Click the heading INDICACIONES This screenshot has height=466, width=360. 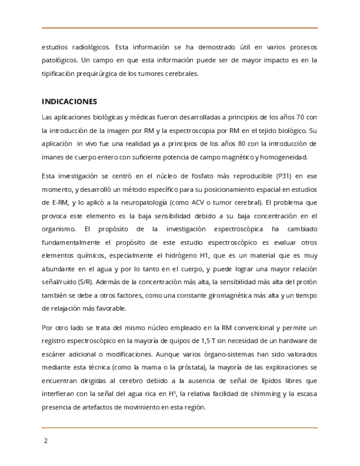[x=69, y=102]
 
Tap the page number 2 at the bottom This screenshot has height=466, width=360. [x=46, y=440]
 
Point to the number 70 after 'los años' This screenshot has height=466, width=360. [x=300, y=117]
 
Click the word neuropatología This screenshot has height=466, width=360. [x=143, y=202]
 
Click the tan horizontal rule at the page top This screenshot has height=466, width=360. [x=180, y=28]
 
